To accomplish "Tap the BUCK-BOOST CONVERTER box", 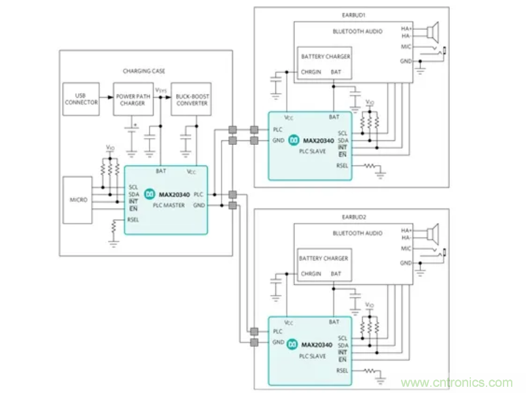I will [x=190, y=99].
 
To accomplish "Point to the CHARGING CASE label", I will [x=143, y=71].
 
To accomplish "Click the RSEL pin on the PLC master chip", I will [x=133, y=220].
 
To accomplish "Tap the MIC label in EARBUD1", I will [x=406, y=47].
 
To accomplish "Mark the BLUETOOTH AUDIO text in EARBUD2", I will [x=357, y=234].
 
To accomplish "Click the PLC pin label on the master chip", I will [x=198, y=194].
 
